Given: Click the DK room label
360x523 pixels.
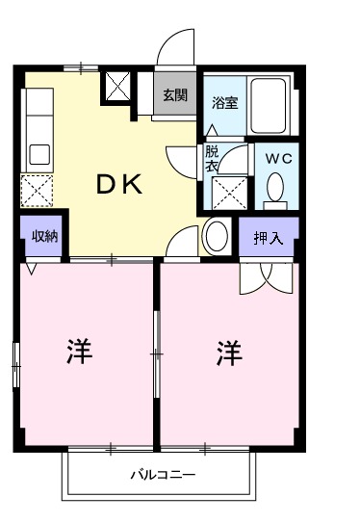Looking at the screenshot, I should pos(119,186).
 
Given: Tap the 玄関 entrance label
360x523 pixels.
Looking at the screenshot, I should pos(174,95).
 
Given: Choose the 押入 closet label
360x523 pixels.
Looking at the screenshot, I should pos(267,238).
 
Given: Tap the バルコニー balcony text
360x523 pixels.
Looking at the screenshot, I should pos(163,476).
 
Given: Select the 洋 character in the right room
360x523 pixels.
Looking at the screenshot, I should pos(228,353).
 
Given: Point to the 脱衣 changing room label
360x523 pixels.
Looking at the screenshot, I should pos(211,158).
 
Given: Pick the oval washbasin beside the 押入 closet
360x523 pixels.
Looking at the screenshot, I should pos(216,236).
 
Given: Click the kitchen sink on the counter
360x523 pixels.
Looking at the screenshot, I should pos(39,154).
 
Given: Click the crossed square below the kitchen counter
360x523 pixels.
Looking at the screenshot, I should pos(39,191).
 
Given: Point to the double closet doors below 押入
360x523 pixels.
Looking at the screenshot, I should pos(266,276).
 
